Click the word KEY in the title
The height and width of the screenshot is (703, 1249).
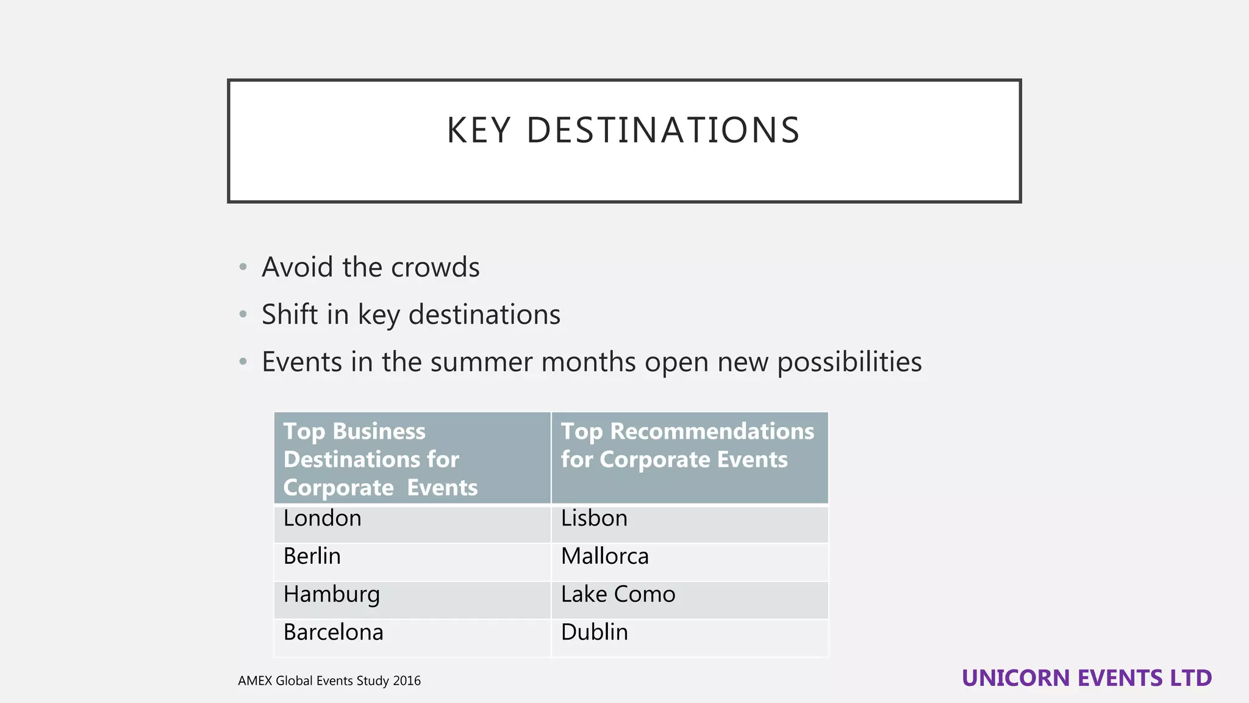pyautogui.click(x=478, y=131)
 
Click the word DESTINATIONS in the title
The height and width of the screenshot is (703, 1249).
pyautogui.click(x=663, y=131)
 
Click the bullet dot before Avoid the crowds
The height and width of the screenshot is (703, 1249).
pyautogui.click(x=243, y=267)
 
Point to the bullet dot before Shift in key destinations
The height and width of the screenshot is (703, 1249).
pyautogui.click(x=243, y=315)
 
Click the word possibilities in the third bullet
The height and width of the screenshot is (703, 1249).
pyautogui.click(x=849, y=362)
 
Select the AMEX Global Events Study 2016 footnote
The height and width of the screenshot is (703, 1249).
pyautogui.click(x=329, y=681)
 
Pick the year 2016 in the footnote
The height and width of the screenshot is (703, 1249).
pyautogui.click(x=407, y=681)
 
